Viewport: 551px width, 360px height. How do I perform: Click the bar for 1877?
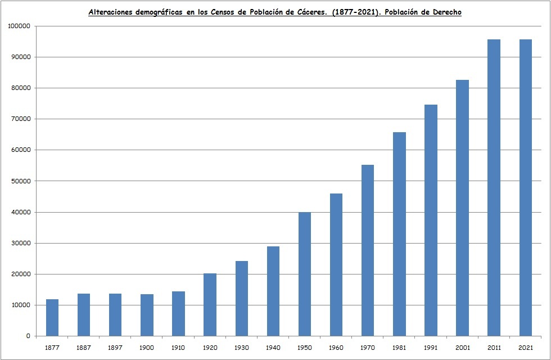coord(52,318)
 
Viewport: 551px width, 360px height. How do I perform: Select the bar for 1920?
coord(210,305)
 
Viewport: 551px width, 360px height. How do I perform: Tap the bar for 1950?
coord(305,274)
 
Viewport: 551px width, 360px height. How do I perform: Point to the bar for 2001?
coord(462,208)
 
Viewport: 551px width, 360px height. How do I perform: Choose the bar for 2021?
coord(525,188)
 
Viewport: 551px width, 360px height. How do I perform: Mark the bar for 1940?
coord(273,291)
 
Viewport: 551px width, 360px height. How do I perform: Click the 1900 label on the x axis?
coord(147,348)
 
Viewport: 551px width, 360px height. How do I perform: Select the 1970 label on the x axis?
coord(368,348)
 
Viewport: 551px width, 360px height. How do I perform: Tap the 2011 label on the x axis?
coord(494,348)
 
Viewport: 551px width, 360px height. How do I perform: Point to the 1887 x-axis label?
coord(84,348)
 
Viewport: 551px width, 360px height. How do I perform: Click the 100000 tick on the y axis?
coord(19,26)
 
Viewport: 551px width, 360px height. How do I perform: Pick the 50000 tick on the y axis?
coord(21,181)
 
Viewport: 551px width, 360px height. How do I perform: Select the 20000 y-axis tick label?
coord(21,274)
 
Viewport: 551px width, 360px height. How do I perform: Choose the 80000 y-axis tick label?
coord(21,88)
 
